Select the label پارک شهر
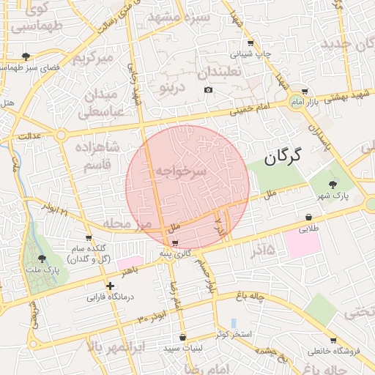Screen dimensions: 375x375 coord(334,196)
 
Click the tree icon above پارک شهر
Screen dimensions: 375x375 coord(334,185)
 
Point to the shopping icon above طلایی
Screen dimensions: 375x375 coord(309,217)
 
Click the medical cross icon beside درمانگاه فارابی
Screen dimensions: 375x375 coord(109,286)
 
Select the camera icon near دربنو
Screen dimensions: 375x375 coord(208,90)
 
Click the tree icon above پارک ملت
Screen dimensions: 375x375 coord(42,258)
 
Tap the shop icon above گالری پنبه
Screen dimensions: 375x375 coord(174,242)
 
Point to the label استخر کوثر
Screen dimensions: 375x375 coord(234,335)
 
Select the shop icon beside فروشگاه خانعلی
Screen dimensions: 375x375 coord(334,341)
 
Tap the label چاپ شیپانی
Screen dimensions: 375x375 coord(251,53)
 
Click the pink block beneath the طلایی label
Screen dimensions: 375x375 coord(302,244)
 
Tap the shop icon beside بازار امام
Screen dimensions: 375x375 coord(305,92)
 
